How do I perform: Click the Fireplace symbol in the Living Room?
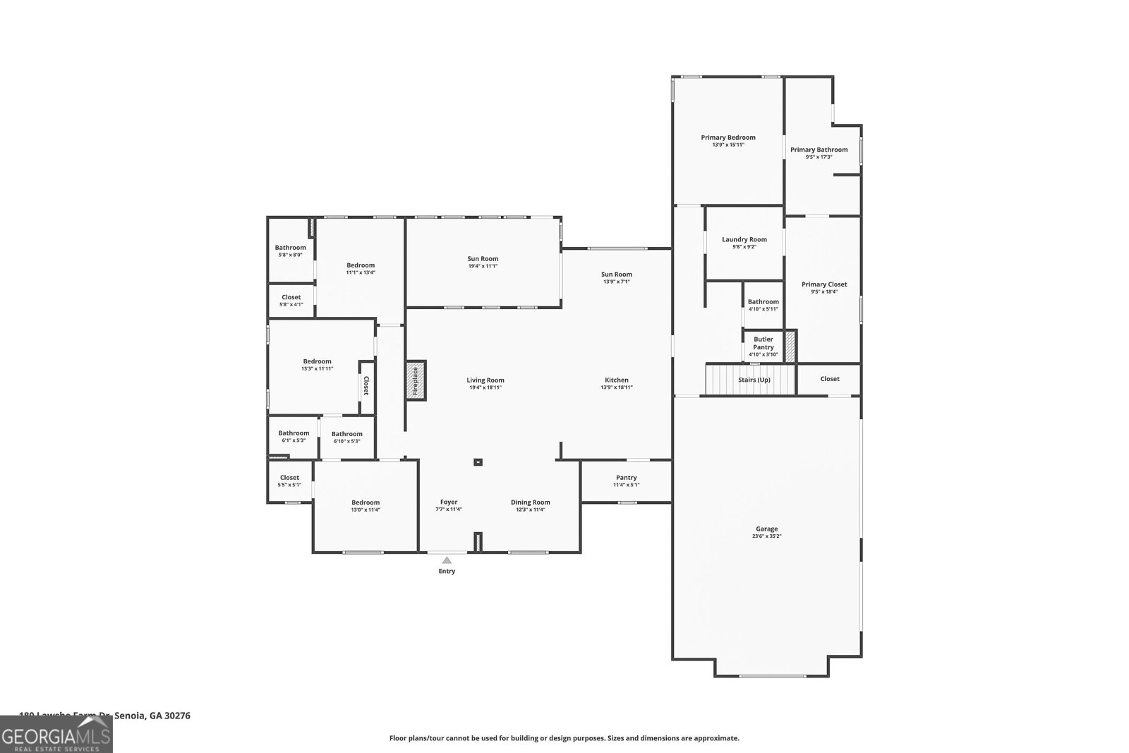click(x=416, y=381)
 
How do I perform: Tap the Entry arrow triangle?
click(x=447, y=560)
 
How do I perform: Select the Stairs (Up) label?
click(x=754, y=380)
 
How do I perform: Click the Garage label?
click(x=766, y=529)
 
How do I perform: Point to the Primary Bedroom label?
click(x=727, y=138)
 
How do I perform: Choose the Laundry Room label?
click(x=744, y=239)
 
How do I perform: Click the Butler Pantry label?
click(x=763, y=343)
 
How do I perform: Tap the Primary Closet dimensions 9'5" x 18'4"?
click(x=823, y=292)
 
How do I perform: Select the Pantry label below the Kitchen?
click(x=626, y=478)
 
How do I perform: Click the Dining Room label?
click(x=530, y=502)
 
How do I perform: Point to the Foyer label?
click(x=449, y=502)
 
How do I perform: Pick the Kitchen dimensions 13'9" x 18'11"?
click(x=616, y=387)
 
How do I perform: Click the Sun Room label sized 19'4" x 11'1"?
click(x=483, y=259)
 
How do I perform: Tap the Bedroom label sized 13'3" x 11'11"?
click(x=317, y=361)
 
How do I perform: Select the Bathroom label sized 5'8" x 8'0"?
click(x=290, y=248)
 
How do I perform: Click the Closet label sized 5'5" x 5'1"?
click(x=289, y=478)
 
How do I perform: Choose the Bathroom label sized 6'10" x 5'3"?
click(x=346, y=434)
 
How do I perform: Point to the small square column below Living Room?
click(x=478, y=463)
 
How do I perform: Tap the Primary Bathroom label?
click(x=819, y=150)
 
